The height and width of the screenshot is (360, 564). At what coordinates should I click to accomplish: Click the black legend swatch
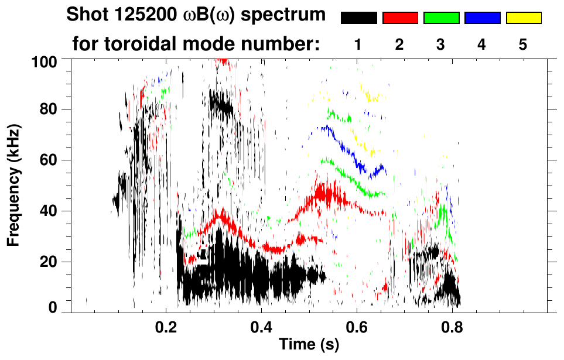click(x=358, y=18)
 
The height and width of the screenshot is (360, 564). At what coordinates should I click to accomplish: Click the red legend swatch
click(x=400, y=18)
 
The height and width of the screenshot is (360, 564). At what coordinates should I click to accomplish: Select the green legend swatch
click(x=441, y=18)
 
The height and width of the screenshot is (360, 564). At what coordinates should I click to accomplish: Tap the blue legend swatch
click(x=482, y=18)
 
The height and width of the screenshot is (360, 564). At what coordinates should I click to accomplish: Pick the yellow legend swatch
click(x=524, y=18)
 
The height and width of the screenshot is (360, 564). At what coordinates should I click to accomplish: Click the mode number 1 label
click(x=358, y=44)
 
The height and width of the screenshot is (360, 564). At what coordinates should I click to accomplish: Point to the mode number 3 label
click(x=441, y=44)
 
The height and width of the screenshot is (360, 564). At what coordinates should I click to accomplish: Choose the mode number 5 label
click(x=523, y=44)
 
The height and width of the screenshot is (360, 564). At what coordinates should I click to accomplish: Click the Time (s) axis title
click(x=309, y=345)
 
